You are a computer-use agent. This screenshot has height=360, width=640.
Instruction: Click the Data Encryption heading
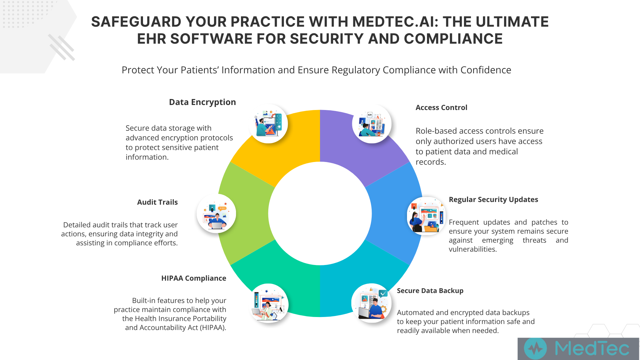(202, 102)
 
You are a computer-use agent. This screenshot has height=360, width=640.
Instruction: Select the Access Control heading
(441, 108)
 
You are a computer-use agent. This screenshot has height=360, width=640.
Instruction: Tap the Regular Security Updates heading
(493, 200)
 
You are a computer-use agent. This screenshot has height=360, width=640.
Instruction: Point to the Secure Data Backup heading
(430, 291)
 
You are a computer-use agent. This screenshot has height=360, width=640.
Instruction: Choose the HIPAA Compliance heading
(194, 278)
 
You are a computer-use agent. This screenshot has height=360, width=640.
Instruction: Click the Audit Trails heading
(157, 202)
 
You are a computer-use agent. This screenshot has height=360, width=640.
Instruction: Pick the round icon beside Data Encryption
(268, 124)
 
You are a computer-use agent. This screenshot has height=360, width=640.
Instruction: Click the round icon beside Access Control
(372, 124)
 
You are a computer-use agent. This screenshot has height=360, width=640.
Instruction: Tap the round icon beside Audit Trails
(216, 213)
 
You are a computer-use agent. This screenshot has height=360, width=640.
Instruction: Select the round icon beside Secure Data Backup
(371, 303)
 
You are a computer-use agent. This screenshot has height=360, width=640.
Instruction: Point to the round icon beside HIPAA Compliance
(269, 303)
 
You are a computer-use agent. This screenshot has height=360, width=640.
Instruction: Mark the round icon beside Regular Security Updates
(426, 216)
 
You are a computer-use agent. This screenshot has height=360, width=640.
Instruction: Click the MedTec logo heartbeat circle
(535, 349)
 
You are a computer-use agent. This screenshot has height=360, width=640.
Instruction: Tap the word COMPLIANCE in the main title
(453, 39)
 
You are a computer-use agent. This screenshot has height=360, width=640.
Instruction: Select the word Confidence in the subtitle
(486, 70)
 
